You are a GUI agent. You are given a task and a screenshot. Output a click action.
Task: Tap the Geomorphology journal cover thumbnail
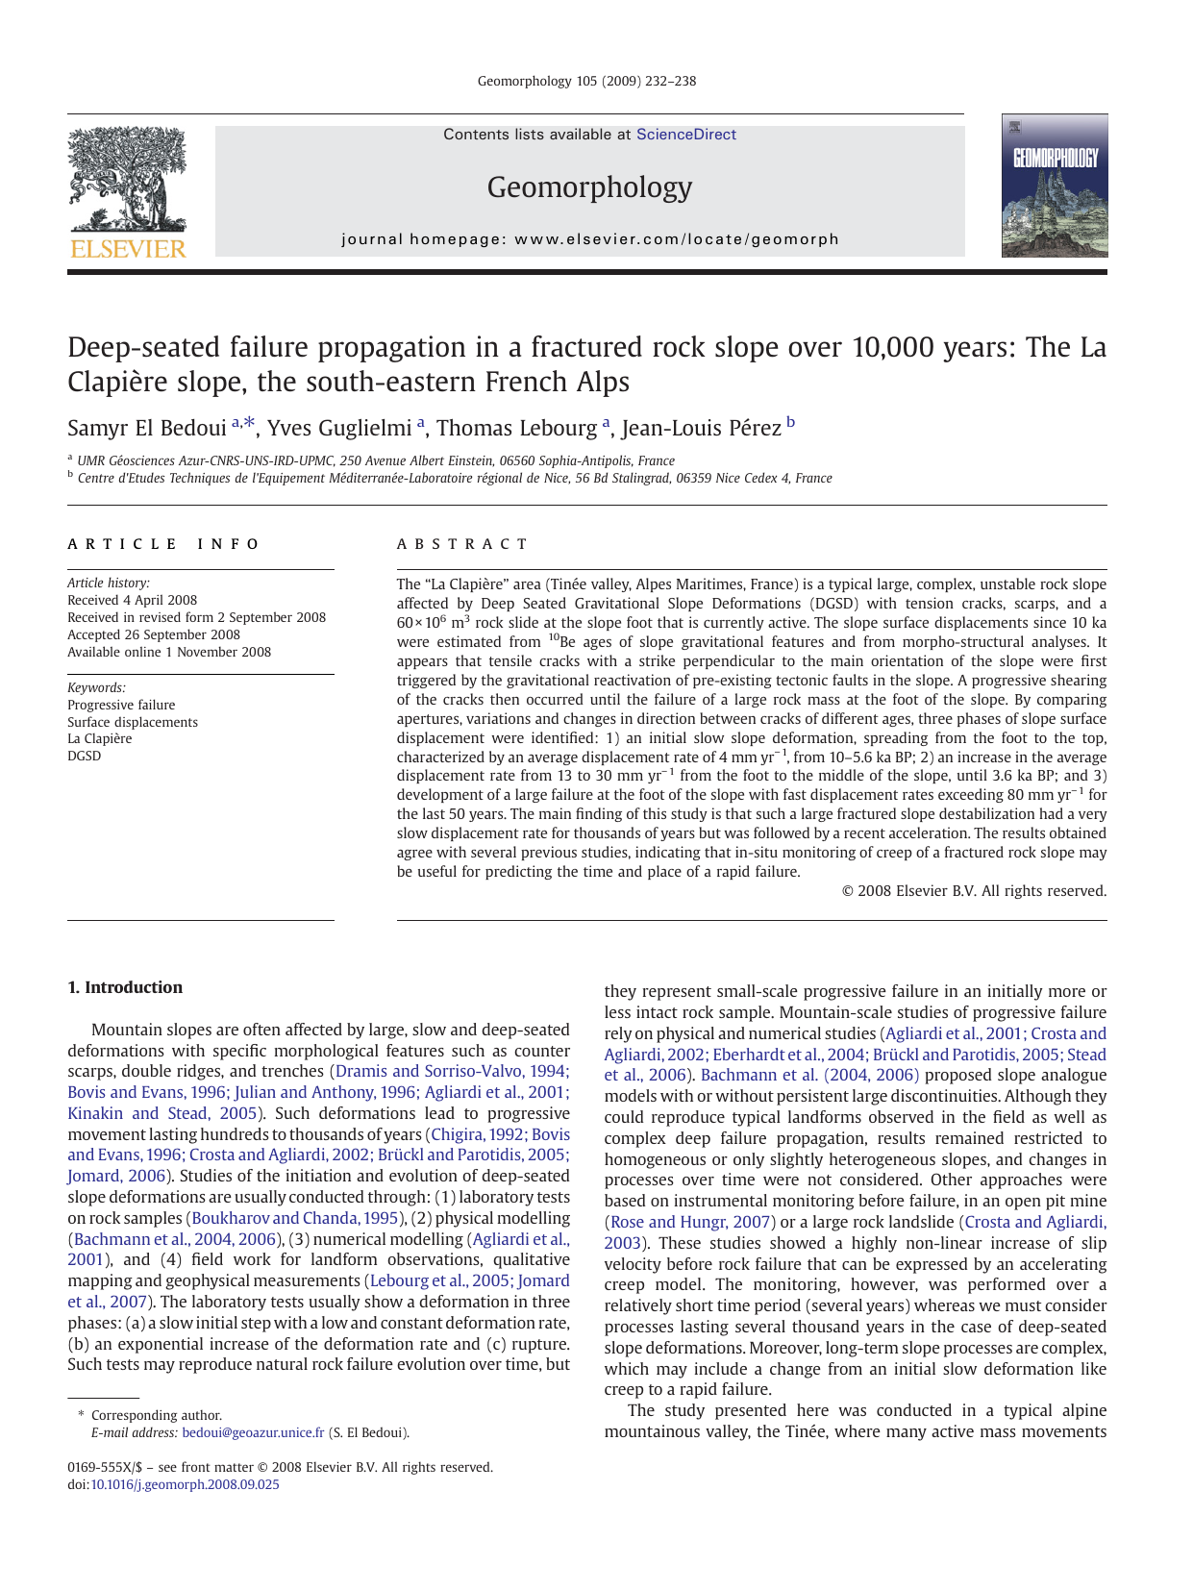point(1054,186)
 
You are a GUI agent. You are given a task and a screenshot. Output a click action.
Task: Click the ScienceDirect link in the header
point(685,135)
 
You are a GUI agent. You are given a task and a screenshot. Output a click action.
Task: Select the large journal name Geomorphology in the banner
point(589,186)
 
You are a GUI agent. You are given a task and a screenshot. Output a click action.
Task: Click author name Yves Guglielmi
point(338,429)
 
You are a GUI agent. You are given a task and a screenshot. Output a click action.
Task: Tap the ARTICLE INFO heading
point(163,544)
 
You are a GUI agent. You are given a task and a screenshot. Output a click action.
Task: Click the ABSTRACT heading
point(462,544)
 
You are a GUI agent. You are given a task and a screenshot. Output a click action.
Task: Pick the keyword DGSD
point(85,756)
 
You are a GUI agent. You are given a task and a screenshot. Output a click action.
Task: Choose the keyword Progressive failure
point(121,705)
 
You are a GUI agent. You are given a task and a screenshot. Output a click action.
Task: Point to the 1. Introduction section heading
point(125,987)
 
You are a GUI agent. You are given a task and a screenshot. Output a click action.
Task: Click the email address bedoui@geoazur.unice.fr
point(253,1432)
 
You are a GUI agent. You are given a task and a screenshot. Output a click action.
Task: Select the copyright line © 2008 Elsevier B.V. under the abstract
point(974,891)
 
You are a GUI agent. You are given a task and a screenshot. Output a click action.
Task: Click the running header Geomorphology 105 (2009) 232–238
point(586,81)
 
